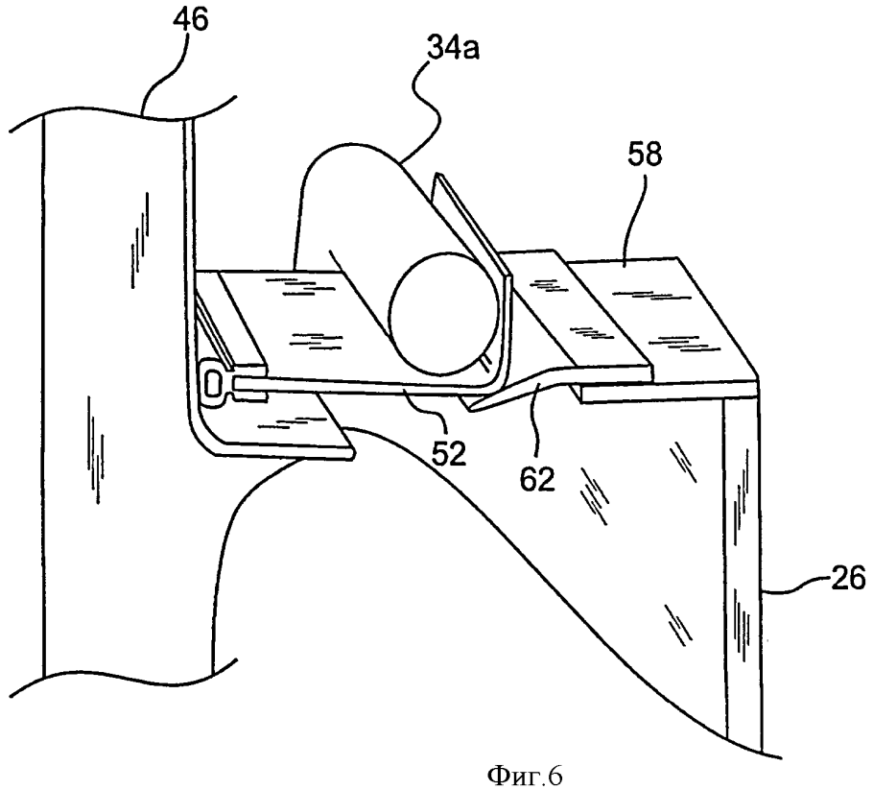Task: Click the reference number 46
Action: [x=190, y=20]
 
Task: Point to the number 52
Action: [x=450, y=454]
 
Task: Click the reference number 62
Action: [x=538, y=479]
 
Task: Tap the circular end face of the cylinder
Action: [x=444, y=315]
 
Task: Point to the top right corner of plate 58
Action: [x=677, y=257]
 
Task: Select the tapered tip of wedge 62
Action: [x=471, y=409]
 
